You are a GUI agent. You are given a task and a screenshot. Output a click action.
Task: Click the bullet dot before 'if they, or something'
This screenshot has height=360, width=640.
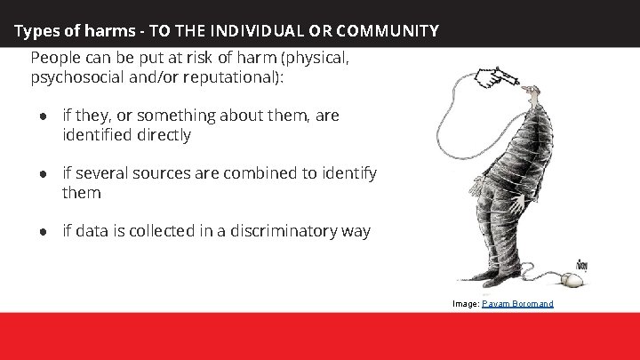(42, 116)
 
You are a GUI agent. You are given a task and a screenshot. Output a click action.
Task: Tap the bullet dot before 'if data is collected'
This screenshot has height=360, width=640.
(42, 232)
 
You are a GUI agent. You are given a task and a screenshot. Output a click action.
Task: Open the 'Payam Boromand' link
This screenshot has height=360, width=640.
(517, 304)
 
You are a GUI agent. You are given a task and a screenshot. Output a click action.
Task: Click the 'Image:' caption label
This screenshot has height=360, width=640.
(465, 304)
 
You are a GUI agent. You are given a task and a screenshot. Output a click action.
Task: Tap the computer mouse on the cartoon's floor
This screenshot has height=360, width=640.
(572, 281)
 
